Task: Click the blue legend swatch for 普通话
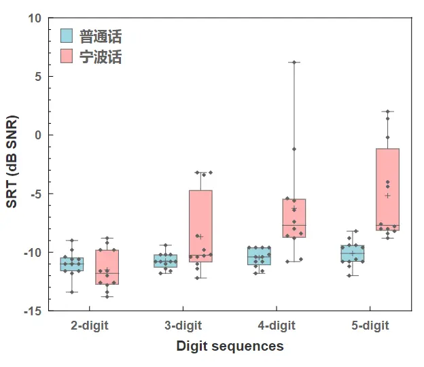tap(67, 35)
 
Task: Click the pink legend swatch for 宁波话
tap(67, 56)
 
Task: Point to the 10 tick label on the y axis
tap(34, 18)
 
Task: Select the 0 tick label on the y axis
tap(38, 135)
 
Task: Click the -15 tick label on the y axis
tap(32, 311)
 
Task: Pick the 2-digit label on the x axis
tap(89, 326)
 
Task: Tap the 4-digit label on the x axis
tap(276, 326)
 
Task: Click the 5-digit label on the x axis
tap(370, 326)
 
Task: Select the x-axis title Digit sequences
tap(230, 347)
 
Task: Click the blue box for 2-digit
tap(72, 264)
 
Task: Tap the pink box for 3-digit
tap(200, 226)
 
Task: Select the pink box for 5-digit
tap(388, 190)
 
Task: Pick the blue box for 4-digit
tap(259, 256)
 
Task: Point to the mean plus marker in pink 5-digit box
tap(388, 195)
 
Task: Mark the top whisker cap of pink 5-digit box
tap(388, 111)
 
